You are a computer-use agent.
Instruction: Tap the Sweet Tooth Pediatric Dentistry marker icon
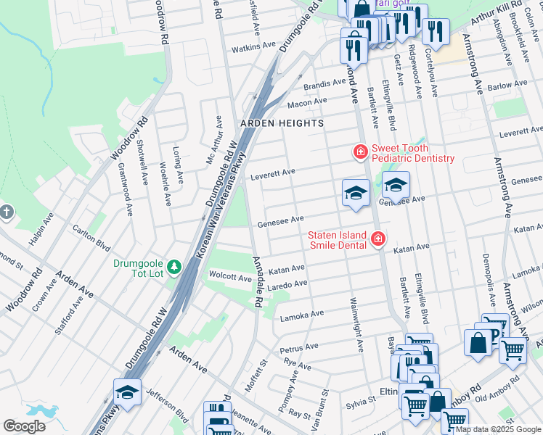coord(359,152)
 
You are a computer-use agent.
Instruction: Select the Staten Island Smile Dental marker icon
coord(377,239)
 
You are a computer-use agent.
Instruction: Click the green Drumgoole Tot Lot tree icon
coord(174,268)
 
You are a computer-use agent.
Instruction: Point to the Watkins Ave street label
coord(253,45)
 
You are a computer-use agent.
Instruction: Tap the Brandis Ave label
coord(325,83)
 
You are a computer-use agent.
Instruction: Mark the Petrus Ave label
coord(300,347)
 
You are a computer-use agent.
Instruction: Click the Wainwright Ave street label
coord(355,324)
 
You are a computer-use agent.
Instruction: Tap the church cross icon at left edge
coord(7,212)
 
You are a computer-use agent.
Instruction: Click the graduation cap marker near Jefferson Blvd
coord(128,392)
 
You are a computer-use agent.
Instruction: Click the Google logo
coord(24,426)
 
